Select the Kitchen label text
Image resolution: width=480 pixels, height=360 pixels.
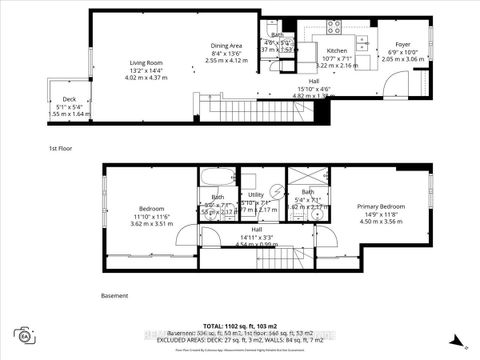click(x=337, y=50)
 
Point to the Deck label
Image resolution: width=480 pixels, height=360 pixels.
click(x=69, y=99)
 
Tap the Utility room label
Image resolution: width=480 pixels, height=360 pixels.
click(x=256, y=195)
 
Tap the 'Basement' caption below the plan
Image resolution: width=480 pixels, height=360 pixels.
click(x=116, y=296)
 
